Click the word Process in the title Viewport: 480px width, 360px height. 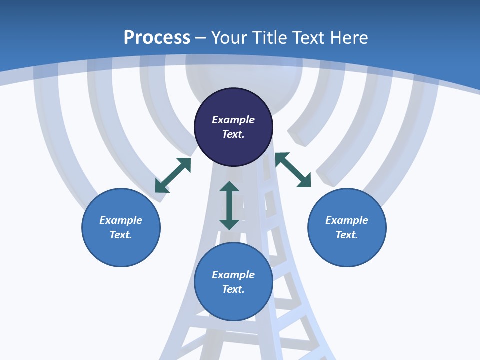tap(157, 38)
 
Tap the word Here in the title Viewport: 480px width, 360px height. tap(349, 38)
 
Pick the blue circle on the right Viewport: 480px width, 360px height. tap(347, 250)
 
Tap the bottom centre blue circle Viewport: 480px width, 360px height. tap(233, 305)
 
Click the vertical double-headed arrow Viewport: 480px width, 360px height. tap(229, 205)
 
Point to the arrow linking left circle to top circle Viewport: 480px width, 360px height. tap(173, 175)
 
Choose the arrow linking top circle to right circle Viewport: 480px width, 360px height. tap(293, 170)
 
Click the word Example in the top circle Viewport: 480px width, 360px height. tap(233, 120)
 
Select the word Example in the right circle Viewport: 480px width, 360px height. tap(347, 220)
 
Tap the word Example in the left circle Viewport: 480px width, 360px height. tap(121, 220)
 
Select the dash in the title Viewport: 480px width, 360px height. tap(201, 38)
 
